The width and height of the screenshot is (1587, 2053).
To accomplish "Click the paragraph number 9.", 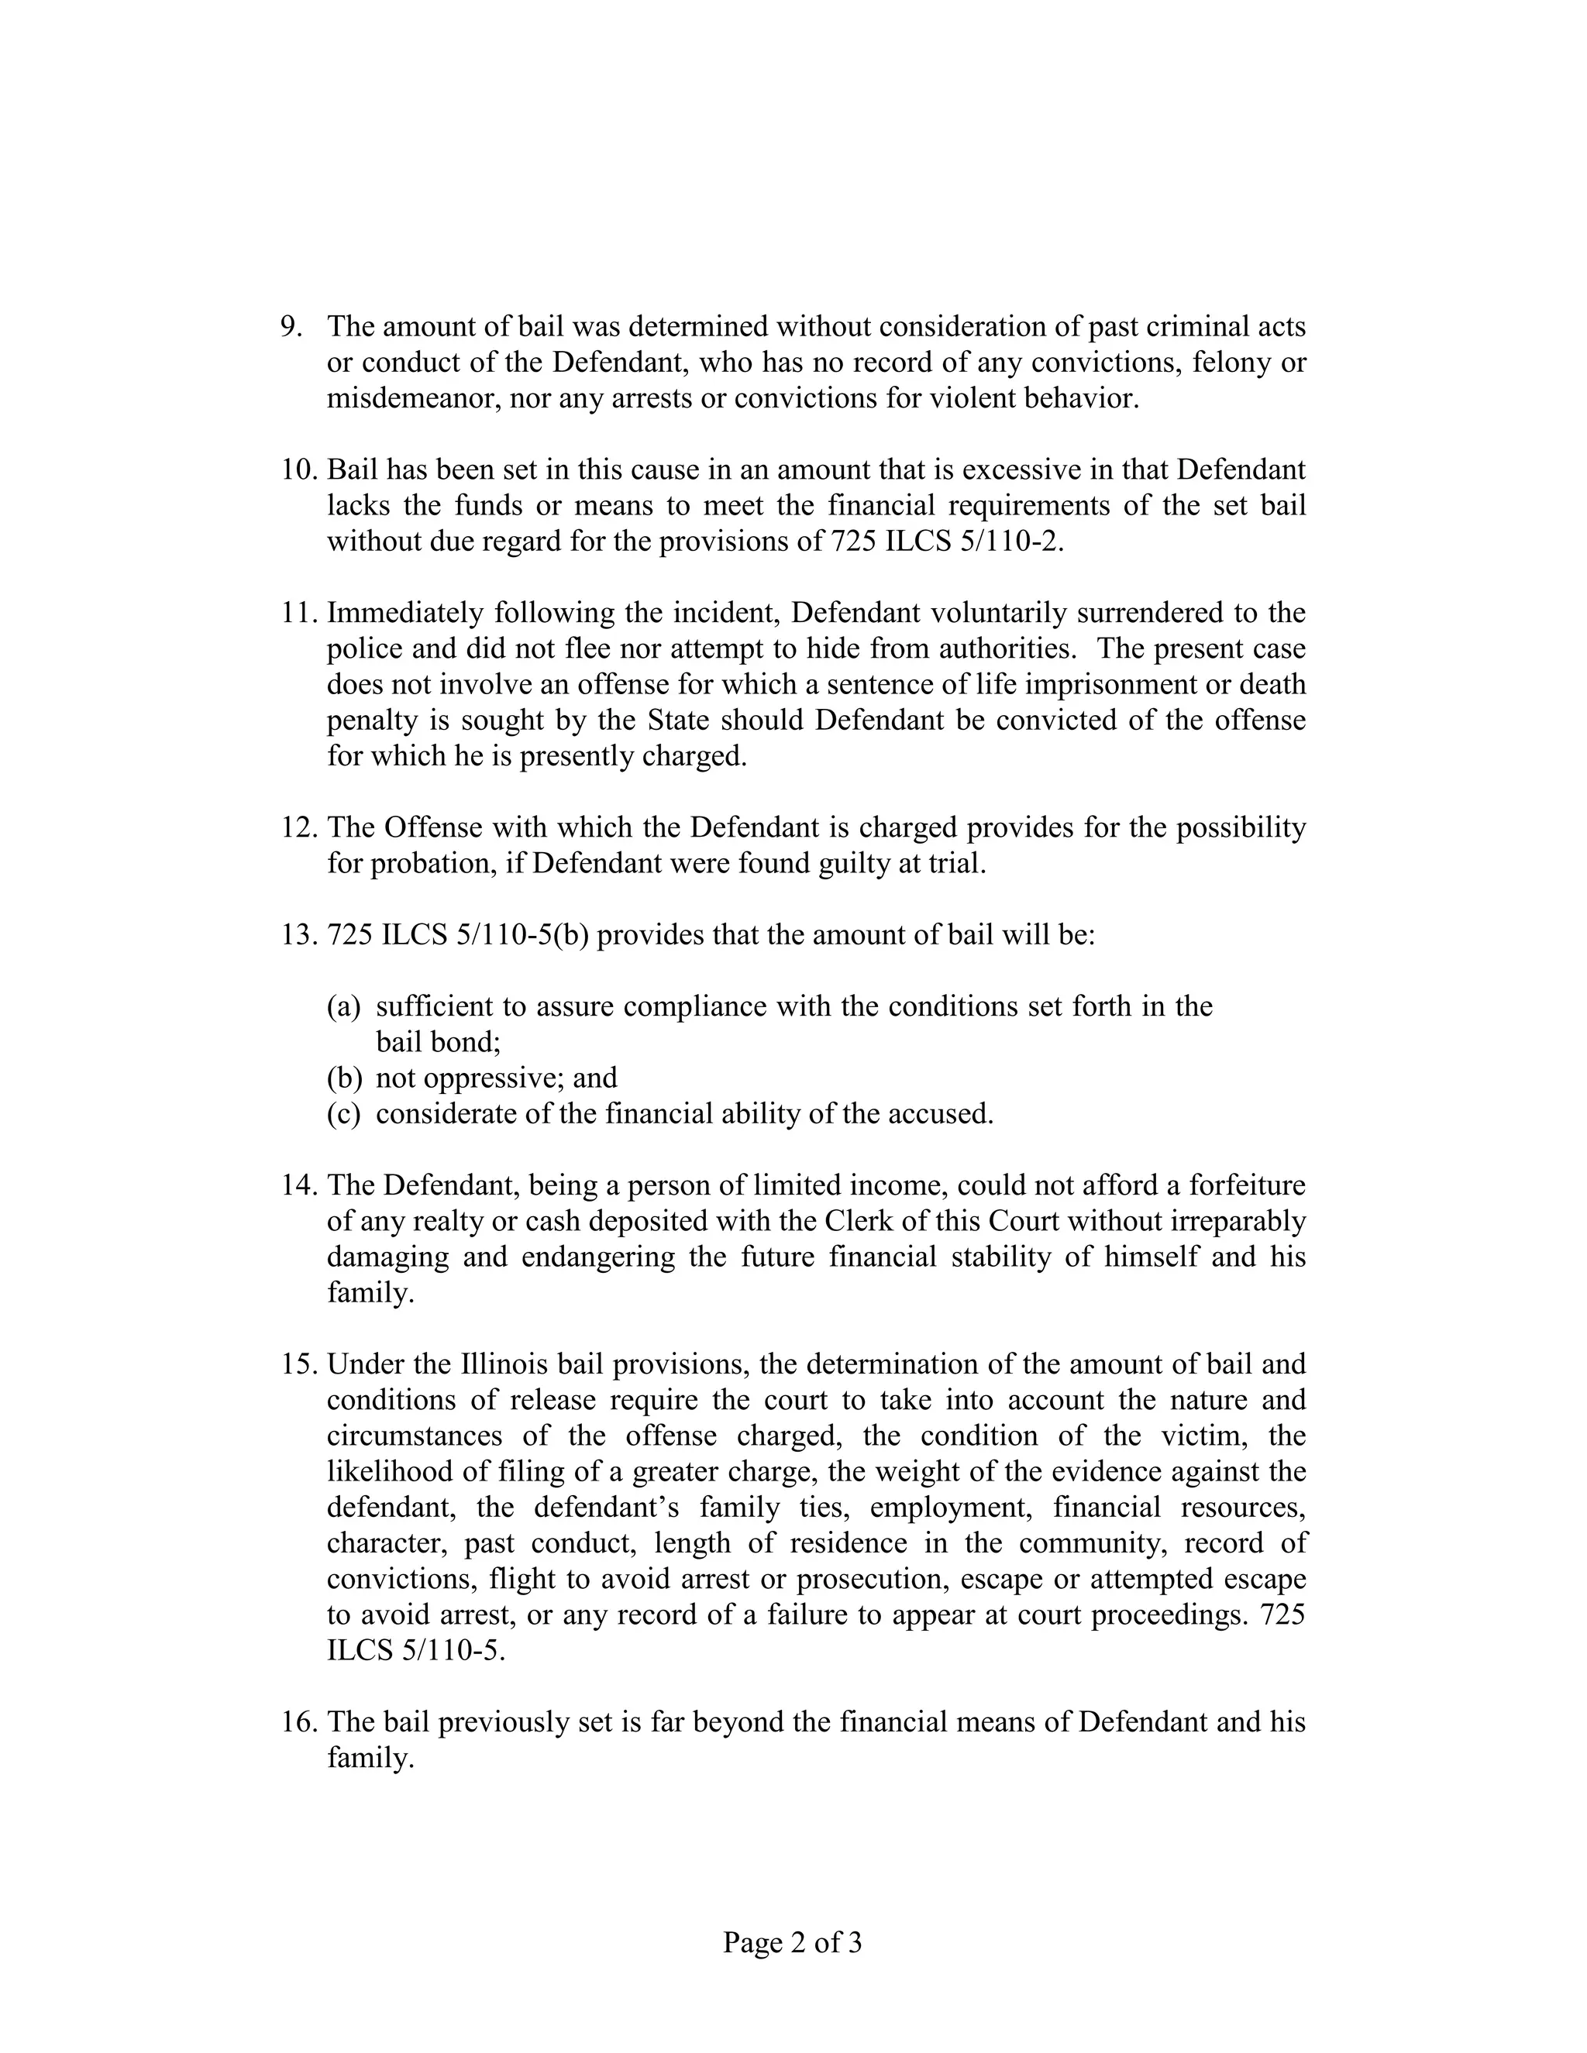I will pyautogui.click(x=291, y=327).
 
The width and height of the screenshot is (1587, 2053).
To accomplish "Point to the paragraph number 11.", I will pyautogui.click(x=299, y=614).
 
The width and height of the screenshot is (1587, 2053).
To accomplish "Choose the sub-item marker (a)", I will pyautogui.click(x=344, y=1008).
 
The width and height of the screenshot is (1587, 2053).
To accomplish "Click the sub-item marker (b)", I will pyautogui.click(x=344, y=1078).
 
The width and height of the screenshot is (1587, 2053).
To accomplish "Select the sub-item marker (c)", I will pyautogui.click(x=344, y=1115).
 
